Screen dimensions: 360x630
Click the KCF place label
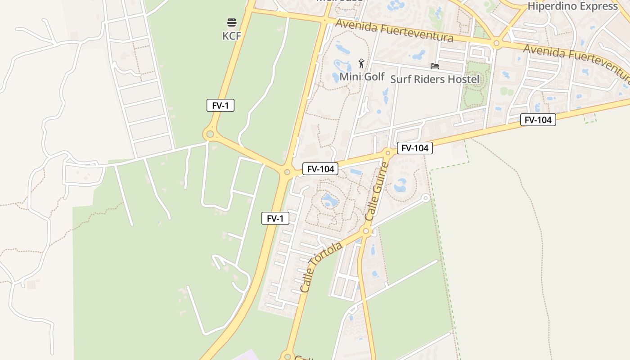click(232, 36)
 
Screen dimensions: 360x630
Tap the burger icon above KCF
click(232, 22)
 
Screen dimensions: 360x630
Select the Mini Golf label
click(362, 76)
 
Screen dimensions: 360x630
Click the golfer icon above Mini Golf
click(361, 63)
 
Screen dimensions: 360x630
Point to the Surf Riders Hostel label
click(435, 80)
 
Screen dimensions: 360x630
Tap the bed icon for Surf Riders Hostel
click(435, 66)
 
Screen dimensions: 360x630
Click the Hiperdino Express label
click(572, 6)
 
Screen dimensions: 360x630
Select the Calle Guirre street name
click(377, 191)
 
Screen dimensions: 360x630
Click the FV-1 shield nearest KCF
click(220, 106)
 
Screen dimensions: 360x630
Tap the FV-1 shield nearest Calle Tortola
click(275, 219)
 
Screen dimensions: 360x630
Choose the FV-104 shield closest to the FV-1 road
click(320, 169)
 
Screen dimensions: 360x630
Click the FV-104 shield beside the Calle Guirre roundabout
click(414, 148)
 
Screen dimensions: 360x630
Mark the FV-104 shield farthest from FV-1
click(538, 120)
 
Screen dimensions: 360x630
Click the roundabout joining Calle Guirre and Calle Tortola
click(366, 231)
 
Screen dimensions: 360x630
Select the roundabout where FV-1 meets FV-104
click(287, 172)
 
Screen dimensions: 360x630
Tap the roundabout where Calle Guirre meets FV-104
click(387, 153)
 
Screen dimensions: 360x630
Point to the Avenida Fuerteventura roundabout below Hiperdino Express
click(496, 43)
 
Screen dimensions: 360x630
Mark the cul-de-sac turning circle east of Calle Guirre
click(426, 198)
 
